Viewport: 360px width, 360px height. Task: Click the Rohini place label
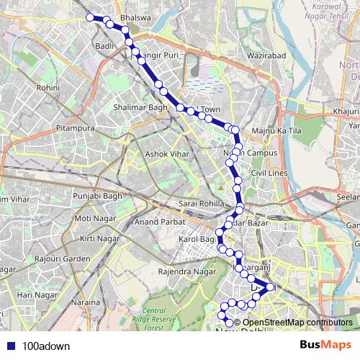[48, 87]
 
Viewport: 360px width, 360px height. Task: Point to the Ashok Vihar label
[167, 153]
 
